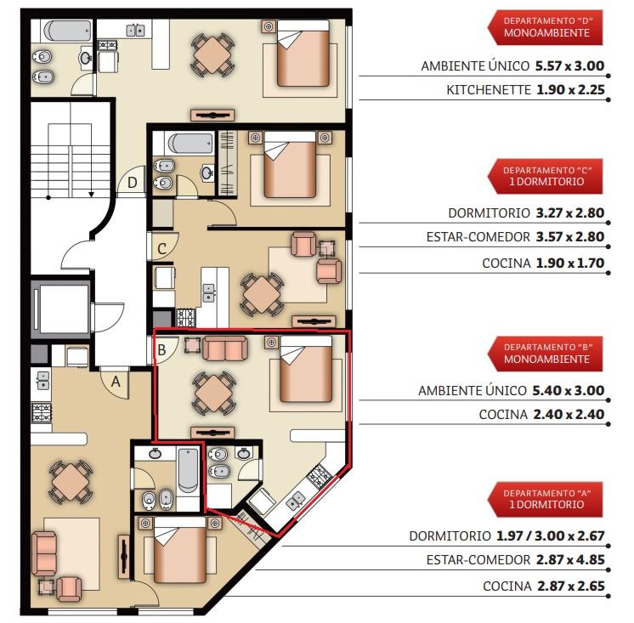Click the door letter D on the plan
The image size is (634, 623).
point(133,183)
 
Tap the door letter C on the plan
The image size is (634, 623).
point(161,249)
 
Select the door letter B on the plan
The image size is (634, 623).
point(161,349)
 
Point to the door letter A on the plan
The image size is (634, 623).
point(116,382)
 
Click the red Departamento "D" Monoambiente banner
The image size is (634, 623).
point(545,27)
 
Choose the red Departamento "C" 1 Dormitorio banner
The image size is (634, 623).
point(545,176)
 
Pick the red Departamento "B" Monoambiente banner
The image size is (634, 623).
point(545,354)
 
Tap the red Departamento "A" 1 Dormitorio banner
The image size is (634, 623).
point(545,499)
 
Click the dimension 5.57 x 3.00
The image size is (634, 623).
point(569,66)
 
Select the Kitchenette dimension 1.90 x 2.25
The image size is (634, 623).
point(570,90)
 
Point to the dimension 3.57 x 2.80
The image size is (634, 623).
point(570,236)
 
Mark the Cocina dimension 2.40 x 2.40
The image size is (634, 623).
point(569,415)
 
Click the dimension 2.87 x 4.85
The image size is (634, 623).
point(570,560)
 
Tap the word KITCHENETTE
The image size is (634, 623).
point(489,90)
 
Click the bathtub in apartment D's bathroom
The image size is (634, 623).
point(67,31)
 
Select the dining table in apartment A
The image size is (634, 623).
point(71,482)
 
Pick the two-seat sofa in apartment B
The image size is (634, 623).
point(225,348)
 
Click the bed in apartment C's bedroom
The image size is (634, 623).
point(290,165)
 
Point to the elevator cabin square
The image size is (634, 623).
point(64,309)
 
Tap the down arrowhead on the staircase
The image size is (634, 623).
point(92,195)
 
